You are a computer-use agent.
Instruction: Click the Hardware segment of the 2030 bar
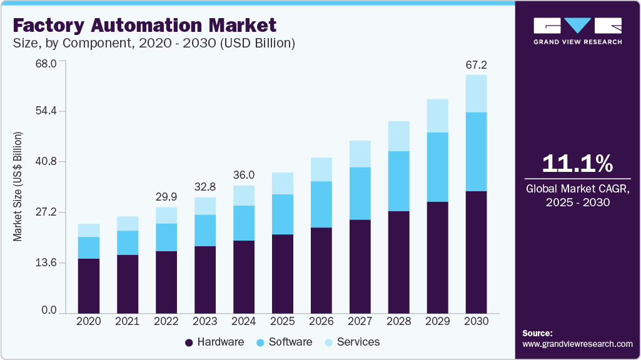(477, 252)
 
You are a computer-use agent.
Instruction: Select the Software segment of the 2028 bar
(399, 181)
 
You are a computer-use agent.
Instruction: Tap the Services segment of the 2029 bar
(438, 116)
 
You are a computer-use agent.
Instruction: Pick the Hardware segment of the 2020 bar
(89, 286)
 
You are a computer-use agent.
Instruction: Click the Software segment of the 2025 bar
(283, 214)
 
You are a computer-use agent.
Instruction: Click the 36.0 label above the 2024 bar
(244, 175)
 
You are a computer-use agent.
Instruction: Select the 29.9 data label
(166, 197)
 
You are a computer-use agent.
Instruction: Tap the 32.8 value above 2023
(205, 187)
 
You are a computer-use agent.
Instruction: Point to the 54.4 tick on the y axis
(45, 111)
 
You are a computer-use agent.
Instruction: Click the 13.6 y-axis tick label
(45, 262)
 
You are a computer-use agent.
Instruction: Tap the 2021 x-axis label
(128, 321)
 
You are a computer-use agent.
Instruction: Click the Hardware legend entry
(215, 342)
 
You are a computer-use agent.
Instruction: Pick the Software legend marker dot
(261, 342)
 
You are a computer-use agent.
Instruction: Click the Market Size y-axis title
(18, 187)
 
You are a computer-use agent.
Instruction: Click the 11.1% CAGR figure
(577, 164)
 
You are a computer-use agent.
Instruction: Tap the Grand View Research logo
(577, 31)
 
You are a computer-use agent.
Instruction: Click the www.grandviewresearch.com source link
(577, 344)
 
